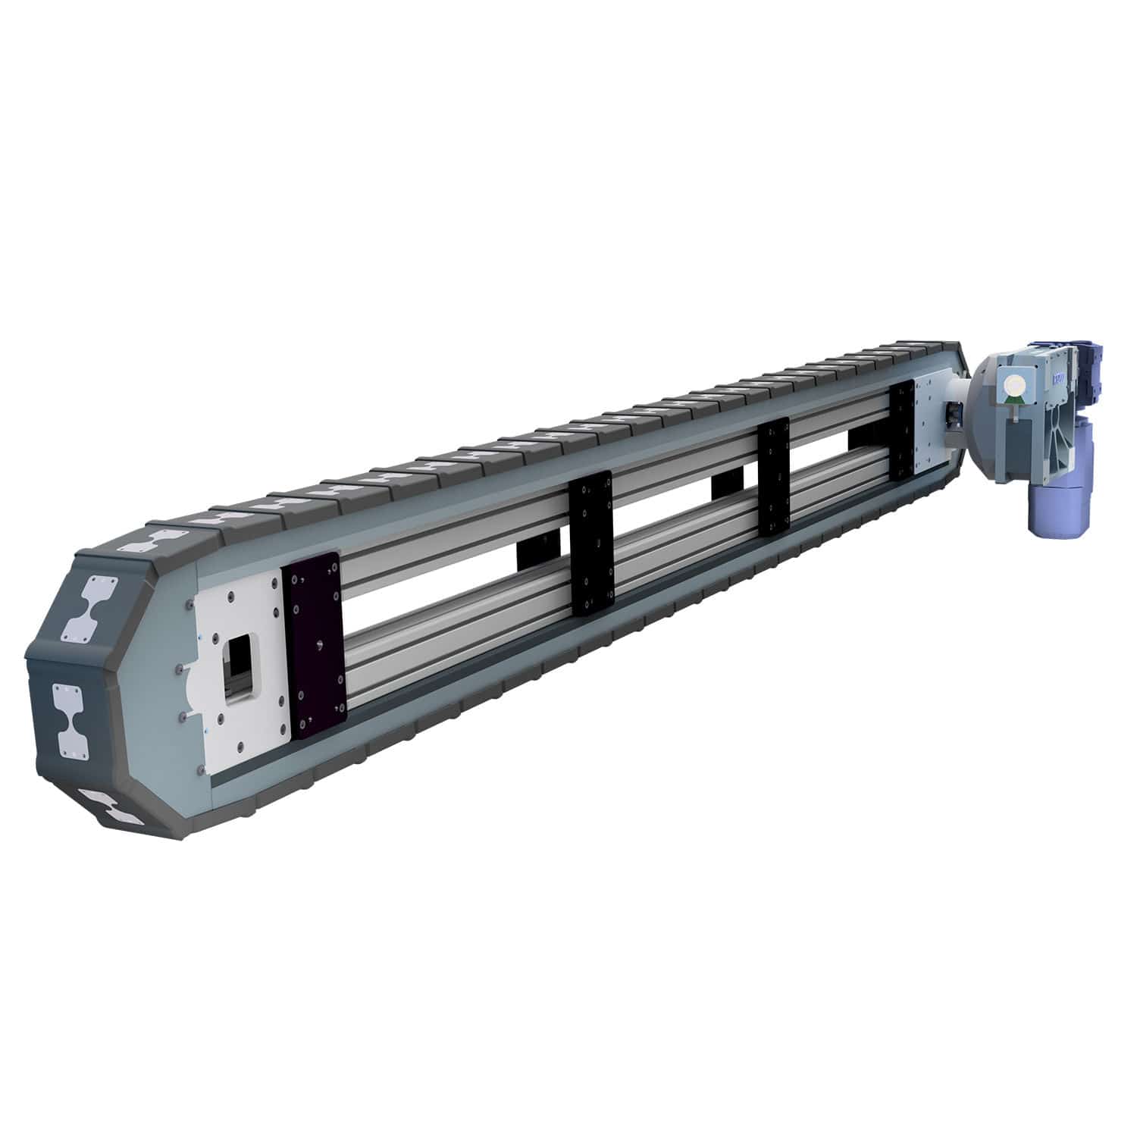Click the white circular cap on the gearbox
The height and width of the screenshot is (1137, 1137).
click(x=1013, y=387)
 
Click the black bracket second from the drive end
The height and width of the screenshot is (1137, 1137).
click(x=774, y=478)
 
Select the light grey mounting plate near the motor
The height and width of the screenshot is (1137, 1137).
click(x=929, y=424)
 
